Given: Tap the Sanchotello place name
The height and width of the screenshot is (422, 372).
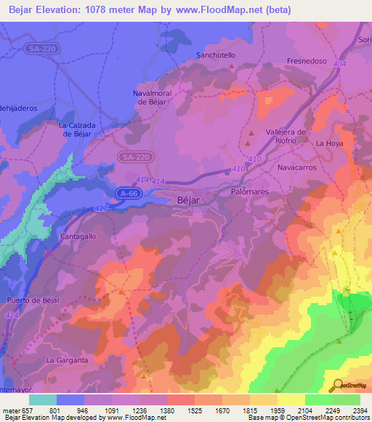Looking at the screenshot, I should click(217, 55).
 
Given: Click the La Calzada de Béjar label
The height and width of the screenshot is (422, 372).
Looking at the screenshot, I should click(77, 129).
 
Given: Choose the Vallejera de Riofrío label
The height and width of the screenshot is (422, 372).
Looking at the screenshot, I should click(286, 136).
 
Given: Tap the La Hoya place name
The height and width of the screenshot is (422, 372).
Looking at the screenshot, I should click(328, 144).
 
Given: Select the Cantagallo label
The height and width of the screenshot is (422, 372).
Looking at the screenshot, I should click(78, 237).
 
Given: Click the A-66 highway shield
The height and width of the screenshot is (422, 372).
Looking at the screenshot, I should click(127, 193).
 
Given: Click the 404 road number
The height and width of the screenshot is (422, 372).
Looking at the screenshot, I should click(317, 65).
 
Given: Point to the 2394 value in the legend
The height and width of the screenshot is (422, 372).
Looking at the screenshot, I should click(360, 410).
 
